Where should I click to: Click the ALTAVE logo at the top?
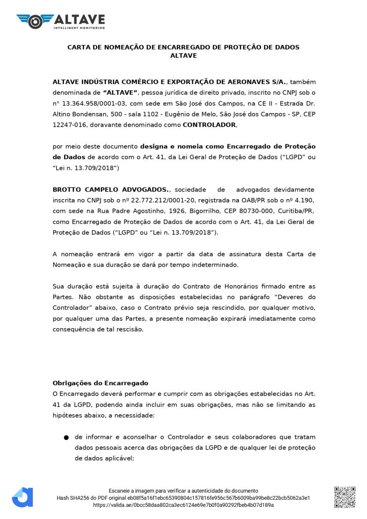pyautogui.click(x=61, y=20)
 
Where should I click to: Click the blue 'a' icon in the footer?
pyautogui.click(x=22, y=497)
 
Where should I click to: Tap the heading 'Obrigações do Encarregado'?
pyautogui.click(x=100, y=383)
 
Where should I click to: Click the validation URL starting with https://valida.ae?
pyautogui.click(x=183, y=505)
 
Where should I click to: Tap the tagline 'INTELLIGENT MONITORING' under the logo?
pyautogui.click(x=79, y=27)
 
